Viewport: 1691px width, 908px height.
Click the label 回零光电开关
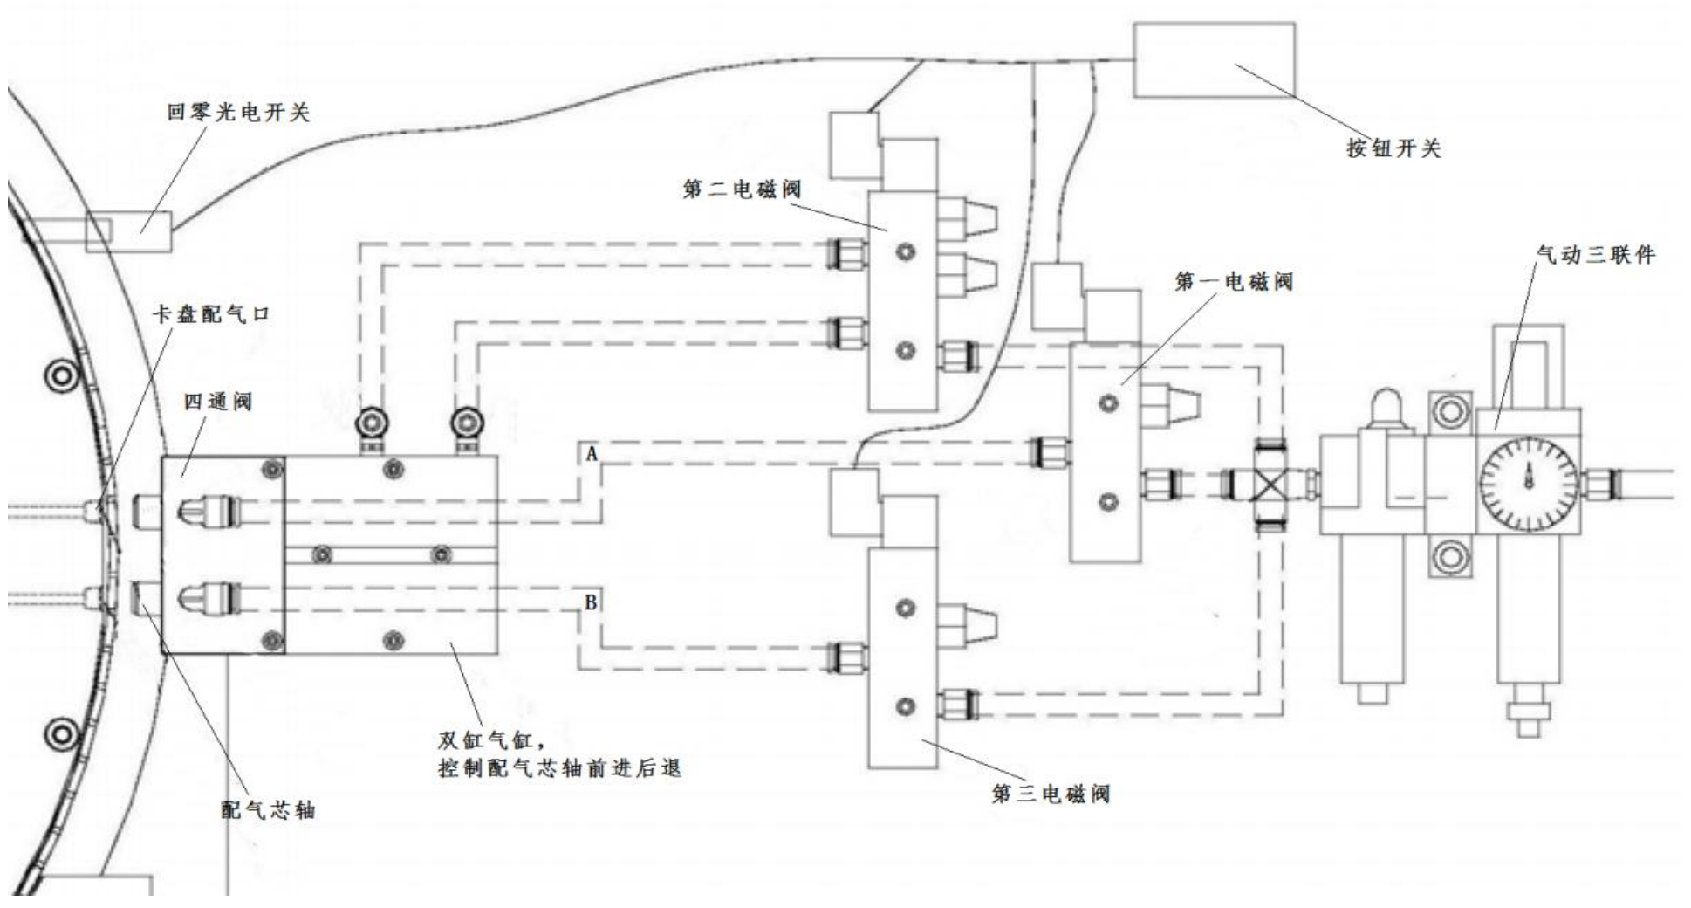click(237, 113)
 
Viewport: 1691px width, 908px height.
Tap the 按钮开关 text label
click(1393, 148)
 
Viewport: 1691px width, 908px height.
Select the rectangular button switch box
click(1213, 60)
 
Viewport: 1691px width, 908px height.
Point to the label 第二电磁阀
click(742, 189)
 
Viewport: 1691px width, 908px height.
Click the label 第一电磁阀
click(1233, 282)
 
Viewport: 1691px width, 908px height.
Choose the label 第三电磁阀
click(1051, 794)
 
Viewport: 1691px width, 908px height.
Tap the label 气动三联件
click(1595, 255)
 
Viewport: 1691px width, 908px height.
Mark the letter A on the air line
click(592, 454)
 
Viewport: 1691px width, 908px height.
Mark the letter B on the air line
click(591, 602)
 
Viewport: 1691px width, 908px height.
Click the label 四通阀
click(217, 402)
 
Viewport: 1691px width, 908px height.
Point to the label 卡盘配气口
click(211, 314)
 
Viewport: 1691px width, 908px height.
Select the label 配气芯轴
click(267, 810)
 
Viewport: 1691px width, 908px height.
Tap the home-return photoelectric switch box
click(128, 232)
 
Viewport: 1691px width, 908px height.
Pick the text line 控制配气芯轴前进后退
click(558, 770)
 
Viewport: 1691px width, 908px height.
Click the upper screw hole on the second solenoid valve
click(907, 252)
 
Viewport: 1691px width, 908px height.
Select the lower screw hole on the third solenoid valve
click(905, 705)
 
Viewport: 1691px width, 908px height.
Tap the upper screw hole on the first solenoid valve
click(1109, 403)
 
